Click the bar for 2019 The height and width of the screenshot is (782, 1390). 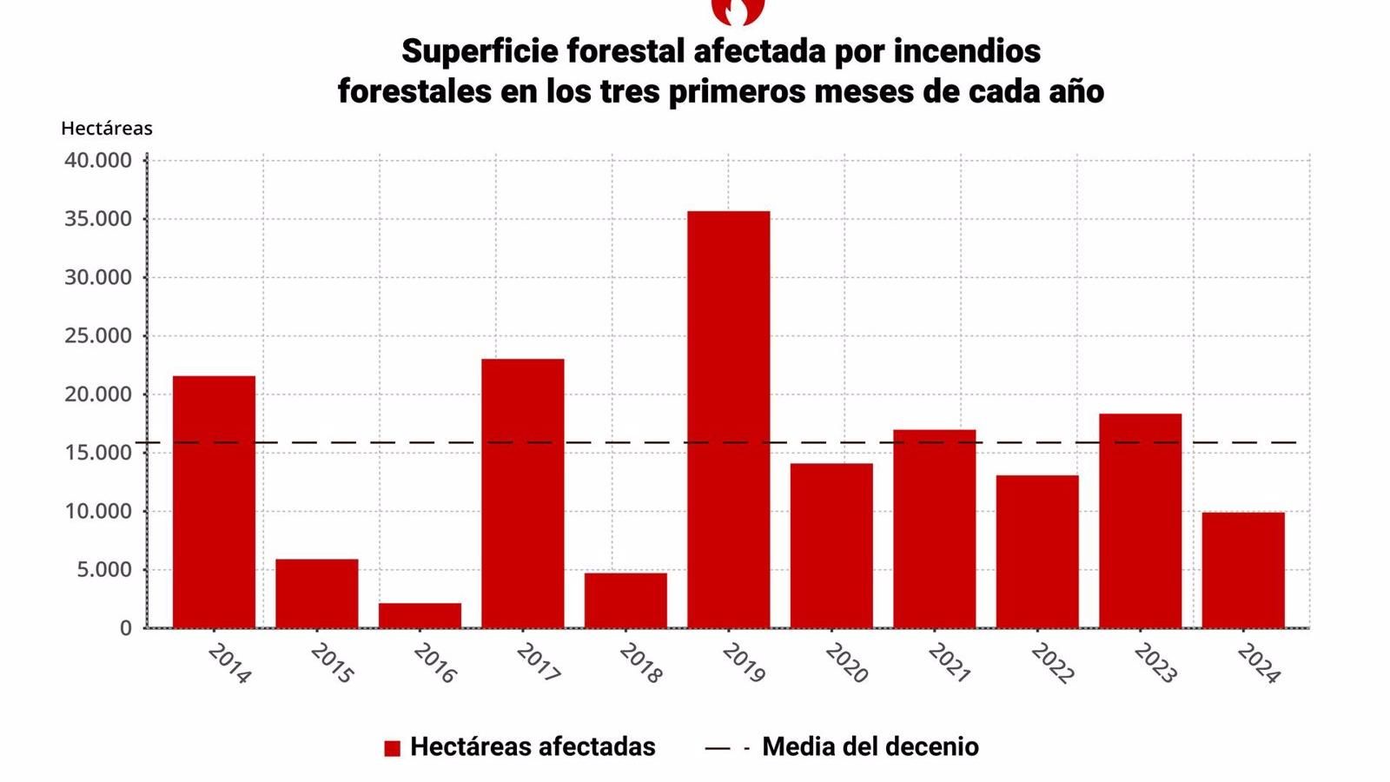728,419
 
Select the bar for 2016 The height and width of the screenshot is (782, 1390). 420,615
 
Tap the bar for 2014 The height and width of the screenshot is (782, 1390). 214,501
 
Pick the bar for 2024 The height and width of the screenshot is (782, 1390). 1243,570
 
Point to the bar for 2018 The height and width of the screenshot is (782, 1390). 625,600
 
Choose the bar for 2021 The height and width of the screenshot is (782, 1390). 934,528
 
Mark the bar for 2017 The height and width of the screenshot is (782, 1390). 522,493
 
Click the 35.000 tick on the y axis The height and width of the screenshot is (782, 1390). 98,219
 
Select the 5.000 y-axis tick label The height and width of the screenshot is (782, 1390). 103,570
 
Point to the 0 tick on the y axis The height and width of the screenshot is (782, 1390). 126,628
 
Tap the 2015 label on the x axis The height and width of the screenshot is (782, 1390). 332,664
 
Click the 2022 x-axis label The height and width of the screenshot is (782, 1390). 1053,664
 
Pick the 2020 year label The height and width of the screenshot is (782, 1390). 847,664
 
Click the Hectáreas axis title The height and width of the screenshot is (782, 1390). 107,129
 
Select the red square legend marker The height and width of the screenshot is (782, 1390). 393,748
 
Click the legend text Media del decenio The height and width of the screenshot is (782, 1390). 870,746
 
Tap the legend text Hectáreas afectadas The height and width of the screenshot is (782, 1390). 533,746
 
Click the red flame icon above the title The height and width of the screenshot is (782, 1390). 738,10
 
